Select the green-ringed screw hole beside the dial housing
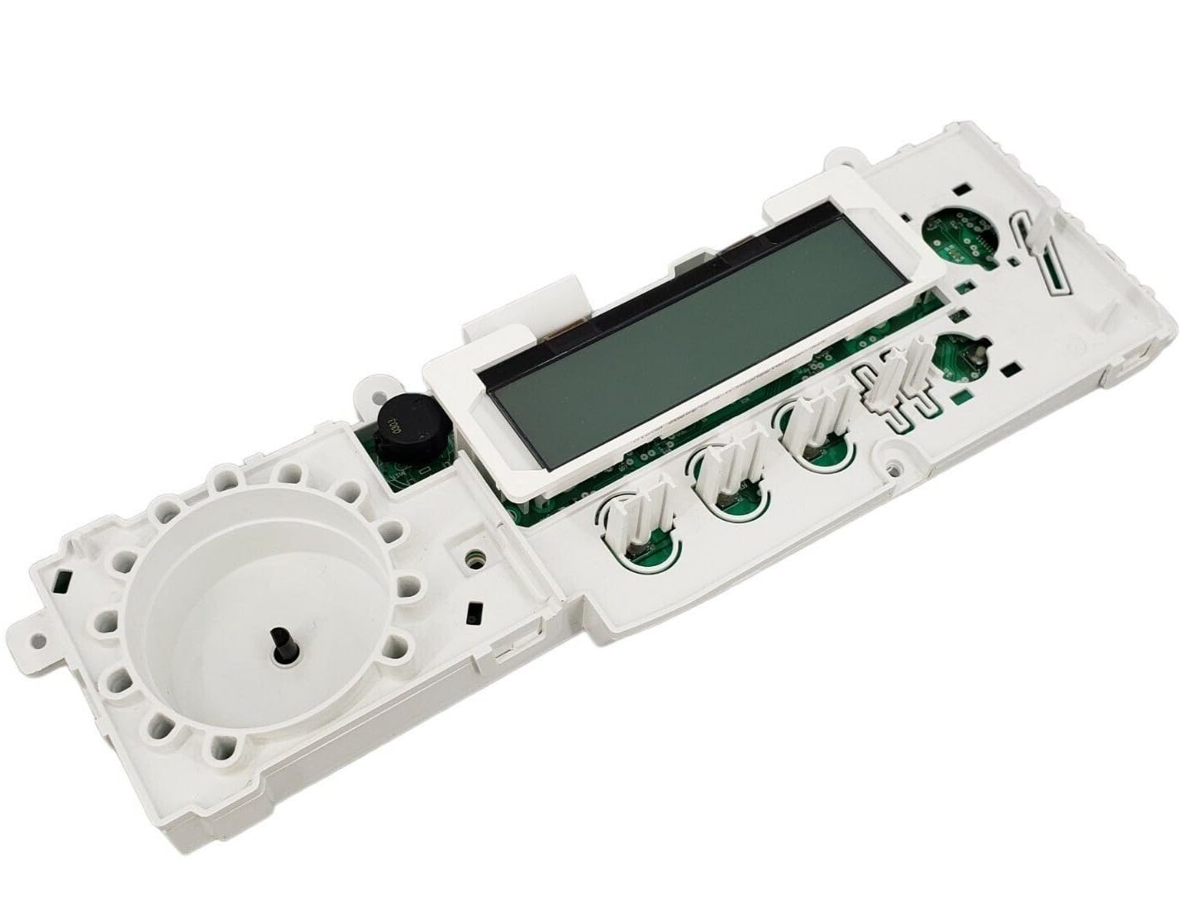474,559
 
